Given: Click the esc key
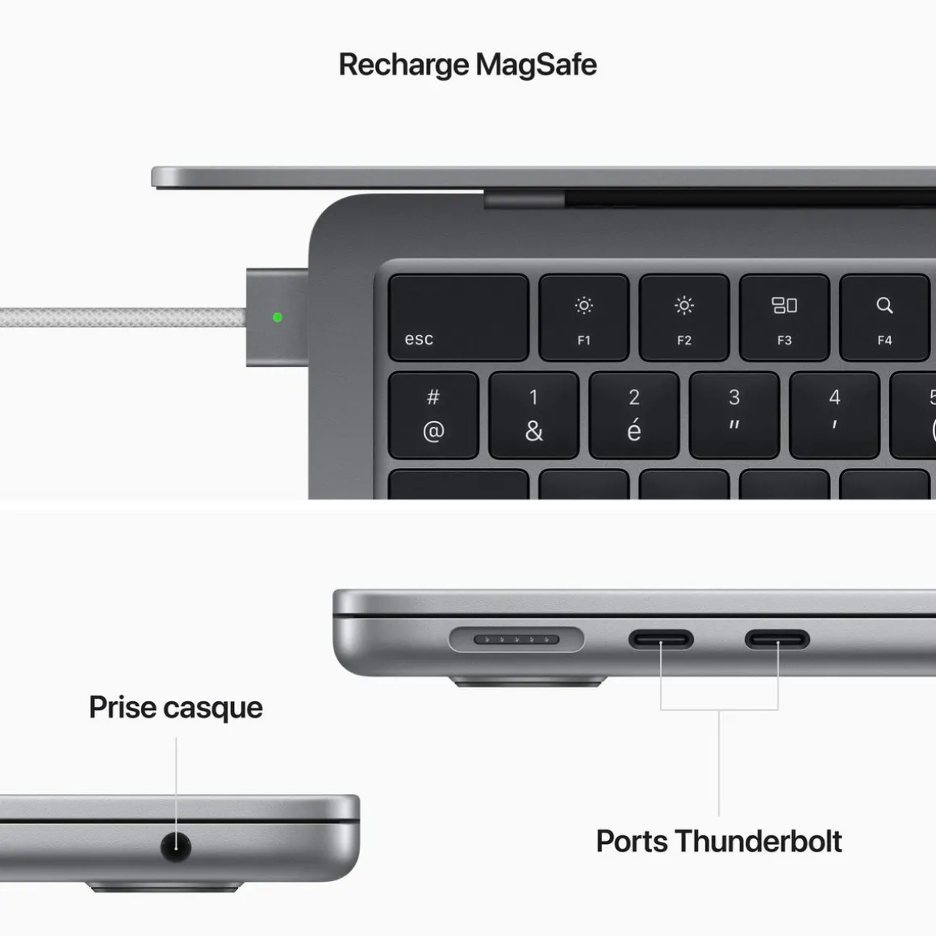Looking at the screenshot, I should tap(458, 317).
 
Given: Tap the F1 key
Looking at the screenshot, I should tap(583, 317).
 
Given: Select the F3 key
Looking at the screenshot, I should tap(784, 317).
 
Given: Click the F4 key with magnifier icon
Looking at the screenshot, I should tap(884, 317).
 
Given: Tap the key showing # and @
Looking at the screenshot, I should tap(433, 415).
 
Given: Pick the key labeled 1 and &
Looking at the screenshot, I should tap(533, 415).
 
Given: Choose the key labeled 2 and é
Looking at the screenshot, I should tap(633, 415).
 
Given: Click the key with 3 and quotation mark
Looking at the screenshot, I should tap(734, 415).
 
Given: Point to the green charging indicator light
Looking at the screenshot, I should tap(278, 317).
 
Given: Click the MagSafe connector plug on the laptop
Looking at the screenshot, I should tap(277, 317).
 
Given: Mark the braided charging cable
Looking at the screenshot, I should tap(121, 317).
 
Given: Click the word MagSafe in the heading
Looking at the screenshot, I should tap(536, 65).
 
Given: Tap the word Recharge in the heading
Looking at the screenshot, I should tap(403, 65).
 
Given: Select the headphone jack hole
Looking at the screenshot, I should tap(176, 846).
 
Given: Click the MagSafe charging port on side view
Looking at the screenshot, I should tap(516, 640).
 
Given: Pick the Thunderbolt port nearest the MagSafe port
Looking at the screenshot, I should tap(661, 640).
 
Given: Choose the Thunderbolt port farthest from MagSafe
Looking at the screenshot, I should tap(777, 640).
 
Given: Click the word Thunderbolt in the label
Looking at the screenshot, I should tap(758, 841).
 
